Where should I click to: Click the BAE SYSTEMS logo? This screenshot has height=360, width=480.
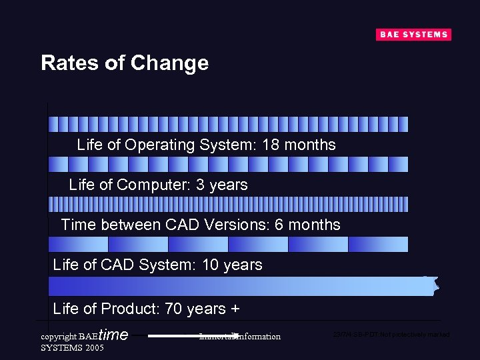point(413,35)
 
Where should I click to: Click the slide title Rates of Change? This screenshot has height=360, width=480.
point(125,63)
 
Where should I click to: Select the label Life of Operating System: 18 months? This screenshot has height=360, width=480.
point(206,145)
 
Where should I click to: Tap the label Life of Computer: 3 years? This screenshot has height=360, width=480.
point(158,185)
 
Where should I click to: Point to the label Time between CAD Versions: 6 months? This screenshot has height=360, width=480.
point(200,225)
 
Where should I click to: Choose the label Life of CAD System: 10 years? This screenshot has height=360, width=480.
point(157,265)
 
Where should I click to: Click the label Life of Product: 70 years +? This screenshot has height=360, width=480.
point(146,309)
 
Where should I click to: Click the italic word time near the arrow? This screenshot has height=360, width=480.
point(113,335)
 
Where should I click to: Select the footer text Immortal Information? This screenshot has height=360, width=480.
point(240,337)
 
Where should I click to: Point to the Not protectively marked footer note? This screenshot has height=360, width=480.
point(391,334)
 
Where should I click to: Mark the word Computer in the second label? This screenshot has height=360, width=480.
point(161,185)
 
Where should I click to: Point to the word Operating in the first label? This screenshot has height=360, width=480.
point(158,145)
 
